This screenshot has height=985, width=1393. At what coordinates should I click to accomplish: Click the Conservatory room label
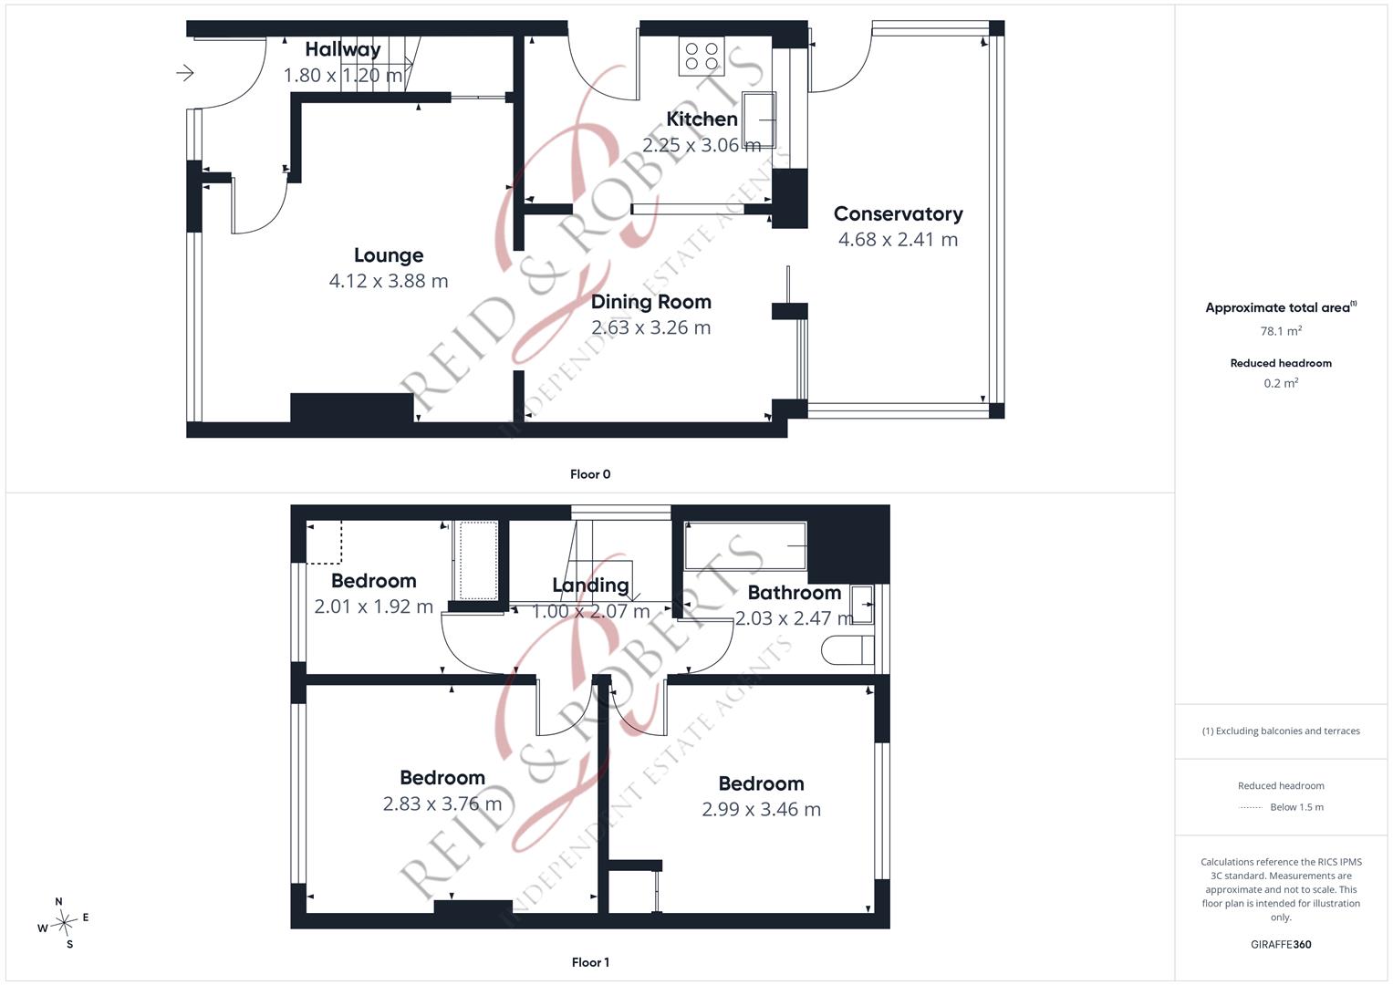(x=898, y=214)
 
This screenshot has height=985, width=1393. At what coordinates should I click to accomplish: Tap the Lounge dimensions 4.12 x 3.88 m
(x=389, y=281)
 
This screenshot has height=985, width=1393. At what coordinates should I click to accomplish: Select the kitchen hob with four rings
(x=702, y=56)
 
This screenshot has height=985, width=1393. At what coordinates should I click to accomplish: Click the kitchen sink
(x=759, y=119)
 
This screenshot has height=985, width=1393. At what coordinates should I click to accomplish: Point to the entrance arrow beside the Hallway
(x=184, y=73)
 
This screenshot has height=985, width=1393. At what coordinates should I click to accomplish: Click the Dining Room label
(x=651, y=302)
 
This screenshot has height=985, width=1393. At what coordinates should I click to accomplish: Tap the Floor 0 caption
(x=590, y=474)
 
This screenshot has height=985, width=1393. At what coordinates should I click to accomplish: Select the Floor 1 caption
(x=590, y=962)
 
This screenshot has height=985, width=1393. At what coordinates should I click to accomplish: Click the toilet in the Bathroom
(x=847, y=650)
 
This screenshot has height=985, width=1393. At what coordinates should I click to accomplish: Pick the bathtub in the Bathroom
(x=745, y=546)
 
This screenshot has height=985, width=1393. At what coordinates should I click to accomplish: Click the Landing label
(x=591, y=586)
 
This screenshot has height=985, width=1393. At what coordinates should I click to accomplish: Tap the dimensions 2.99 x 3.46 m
(x=761, y=810)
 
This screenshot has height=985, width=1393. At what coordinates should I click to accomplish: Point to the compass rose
(x=64, y=923)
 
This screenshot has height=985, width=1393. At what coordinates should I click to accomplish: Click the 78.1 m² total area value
(x=1281, y=331)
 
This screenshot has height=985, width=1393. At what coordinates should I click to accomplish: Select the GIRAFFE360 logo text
(x=1281, y=945)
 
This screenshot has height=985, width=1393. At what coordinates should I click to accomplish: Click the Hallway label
(x=343, y=49)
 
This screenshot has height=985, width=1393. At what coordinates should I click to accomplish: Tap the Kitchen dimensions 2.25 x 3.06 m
(x=702, y=146)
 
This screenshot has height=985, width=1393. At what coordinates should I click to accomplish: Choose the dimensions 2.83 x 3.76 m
(x=442, y=804)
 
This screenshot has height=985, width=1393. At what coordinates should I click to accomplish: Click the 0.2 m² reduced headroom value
(x=1281, y=383)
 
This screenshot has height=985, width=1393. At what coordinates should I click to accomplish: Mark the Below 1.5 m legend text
(x=1296, y=807)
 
